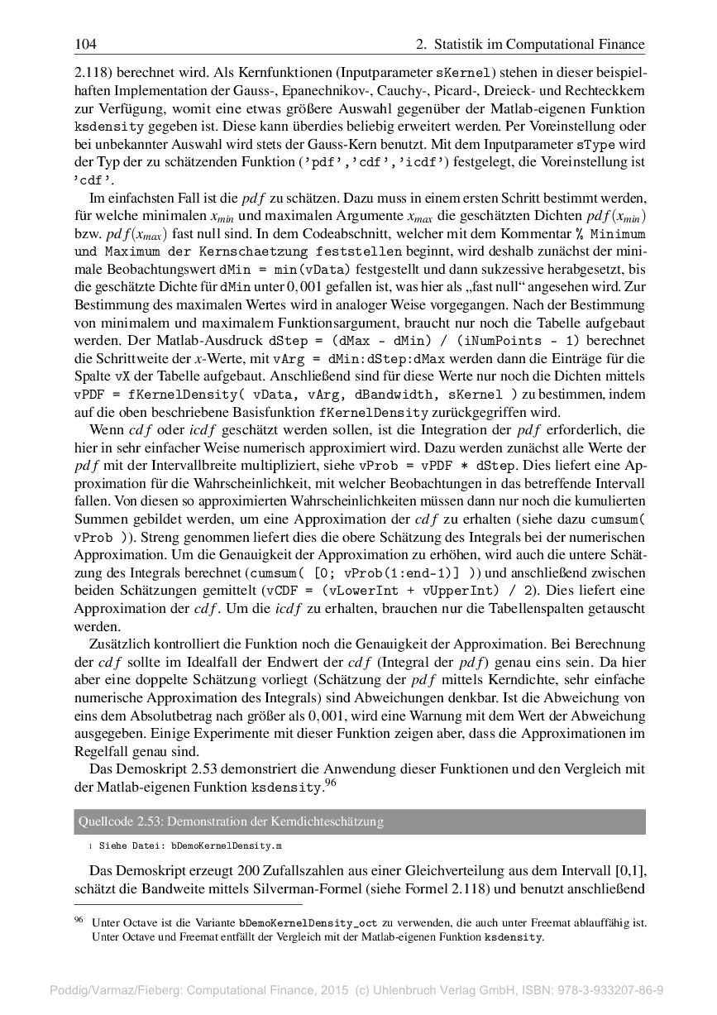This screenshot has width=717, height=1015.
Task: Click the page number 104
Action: click(x=86, y=44)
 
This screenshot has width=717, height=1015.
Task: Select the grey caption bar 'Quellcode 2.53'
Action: click(x=359, y=822)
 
